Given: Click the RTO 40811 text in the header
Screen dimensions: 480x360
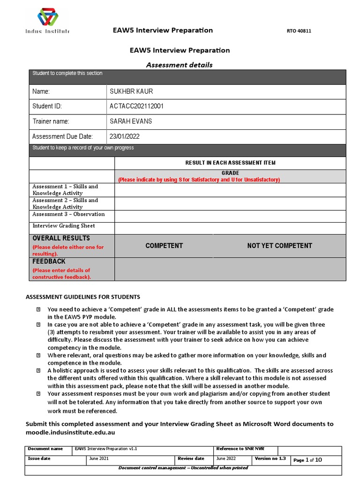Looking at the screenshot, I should click(299, 31).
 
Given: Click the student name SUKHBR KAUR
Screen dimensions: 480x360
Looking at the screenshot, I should click(131, 91).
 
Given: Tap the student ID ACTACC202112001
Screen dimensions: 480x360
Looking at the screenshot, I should click(136, 106).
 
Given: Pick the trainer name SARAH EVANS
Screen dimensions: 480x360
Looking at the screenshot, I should click(131, 121).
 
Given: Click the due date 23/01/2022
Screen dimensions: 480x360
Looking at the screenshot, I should click(124, 136).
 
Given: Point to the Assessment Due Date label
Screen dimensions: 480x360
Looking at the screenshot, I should click(62, 136).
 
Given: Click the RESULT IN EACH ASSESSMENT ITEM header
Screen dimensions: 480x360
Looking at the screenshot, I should click(230, 163).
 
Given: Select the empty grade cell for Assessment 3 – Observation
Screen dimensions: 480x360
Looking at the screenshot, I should click(230, 216).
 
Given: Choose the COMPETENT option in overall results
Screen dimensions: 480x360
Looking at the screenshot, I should click(164, 246).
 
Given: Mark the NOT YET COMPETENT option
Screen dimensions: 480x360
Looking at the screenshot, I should click(279, 246).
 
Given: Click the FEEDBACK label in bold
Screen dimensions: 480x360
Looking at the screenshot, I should click(49, 261).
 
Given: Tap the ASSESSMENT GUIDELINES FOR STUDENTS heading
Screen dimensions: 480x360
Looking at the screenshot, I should click(82, 297).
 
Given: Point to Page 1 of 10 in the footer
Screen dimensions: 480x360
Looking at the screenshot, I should click(307, 460).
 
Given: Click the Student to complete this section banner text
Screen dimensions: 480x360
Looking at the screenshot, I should click(67, 74).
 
